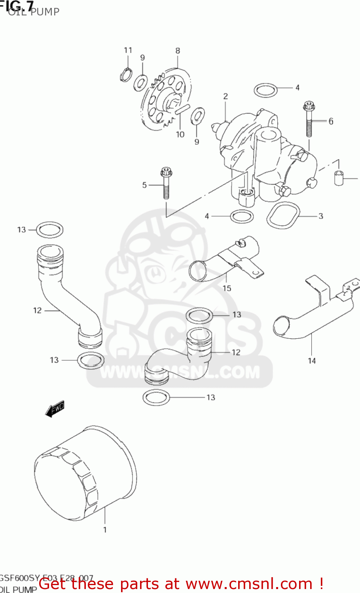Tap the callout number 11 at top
[x=128, y=50]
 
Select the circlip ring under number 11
[x=126, y=74]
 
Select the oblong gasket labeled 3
[x=283, y=215]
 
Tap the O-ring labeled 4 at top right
[x=265, y=90]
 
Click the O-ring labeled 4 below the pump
[x=242, y=216]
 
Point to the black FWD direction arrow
[x=55, y=409]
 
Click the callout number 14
[x=312, y=361]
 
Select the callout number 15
[x=227, y=288]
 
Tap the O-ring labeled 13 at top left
[x=50, y=230]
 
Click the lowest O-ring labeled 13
[x=156, y=397]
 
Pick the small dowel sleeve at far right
[x=339, y=178]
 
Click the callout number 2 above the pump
[x=225, y=96]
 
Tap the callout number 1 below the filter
[x=105, y=530]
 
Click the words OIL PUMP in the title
[x=34, y=12]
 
